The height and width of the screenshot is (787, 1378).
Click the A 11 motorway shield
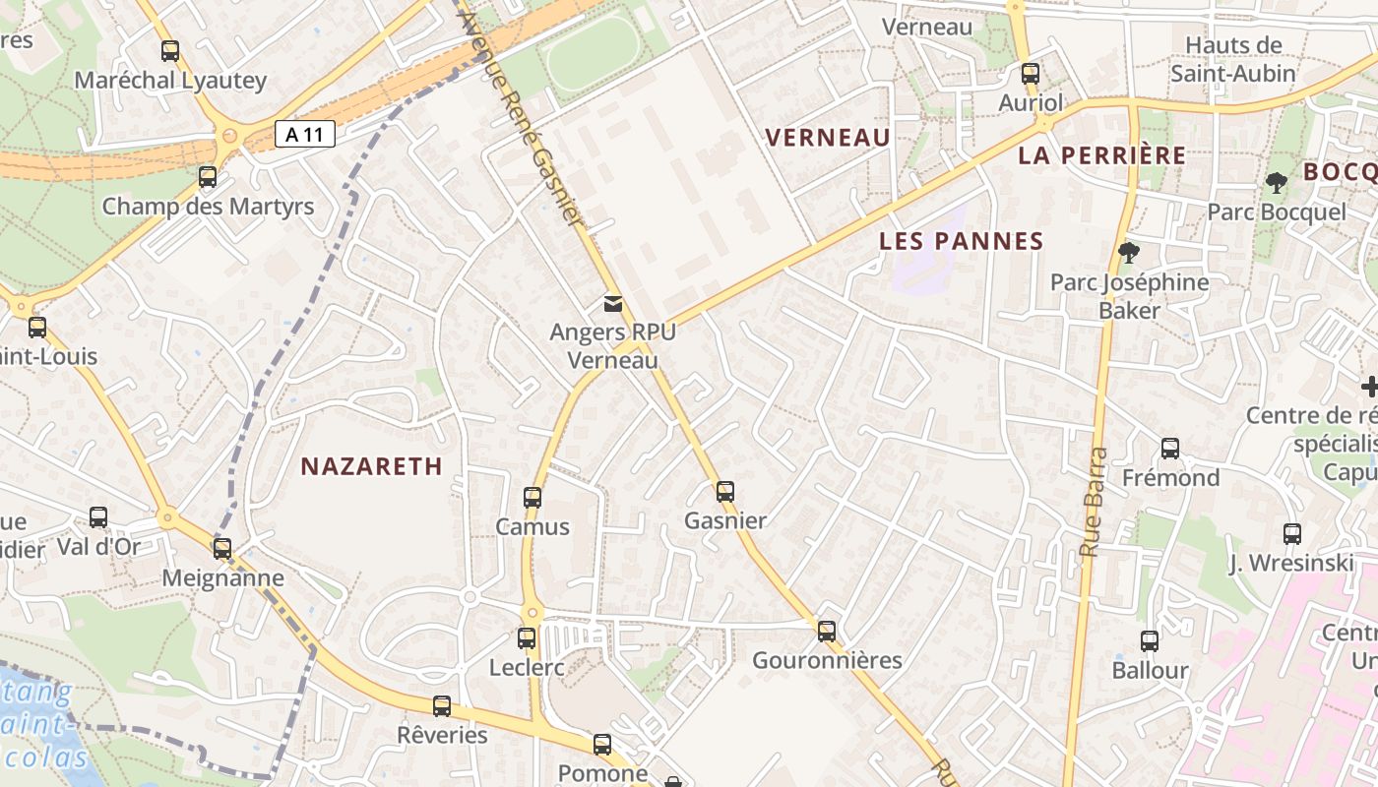pos(305,134)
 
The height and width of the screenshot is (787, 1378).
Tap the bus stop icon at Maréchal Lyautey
pos(170,51)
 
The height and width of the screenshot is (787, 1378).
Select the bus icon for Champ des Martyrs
pos(208,177)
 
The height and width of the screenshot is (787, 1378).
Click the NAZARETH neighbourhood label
pos(372,466)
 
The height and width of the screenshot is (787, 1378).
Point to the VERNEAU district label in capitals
pos(828,138)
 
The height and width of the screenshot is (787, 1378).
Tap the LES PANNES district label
pos(962,241)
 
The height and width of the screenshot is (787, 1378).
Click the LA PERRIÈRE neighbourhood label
pos(1102,155)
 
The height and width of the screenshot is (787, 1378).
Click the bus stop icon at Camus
pos(532,498)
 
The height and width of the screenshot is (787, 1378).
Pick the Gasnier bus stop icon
pos(725,491)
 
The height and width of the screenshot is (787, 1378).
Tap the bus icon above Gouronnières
pos(827,632)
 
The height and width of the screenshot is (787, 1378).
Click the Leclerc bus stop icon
pos(527,638)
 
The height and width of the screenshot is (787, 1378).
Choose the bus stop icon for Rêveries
pos(442,706)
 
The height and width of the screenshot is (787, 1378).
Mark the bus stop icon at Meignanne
pos(222,549)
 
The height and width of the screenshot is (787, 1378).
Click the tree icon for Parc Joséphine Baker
pos(1129,253)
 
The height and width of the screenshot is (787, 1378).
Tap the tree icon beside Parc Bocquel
pos(1276,182)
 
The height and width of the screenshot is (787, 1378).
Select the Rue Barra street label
pos(1094,502)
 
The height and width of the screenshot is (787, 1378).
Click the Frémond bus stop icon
pos(1170,449)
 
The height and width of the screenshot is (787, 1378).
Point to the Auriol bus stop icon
pos(1031,74)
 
